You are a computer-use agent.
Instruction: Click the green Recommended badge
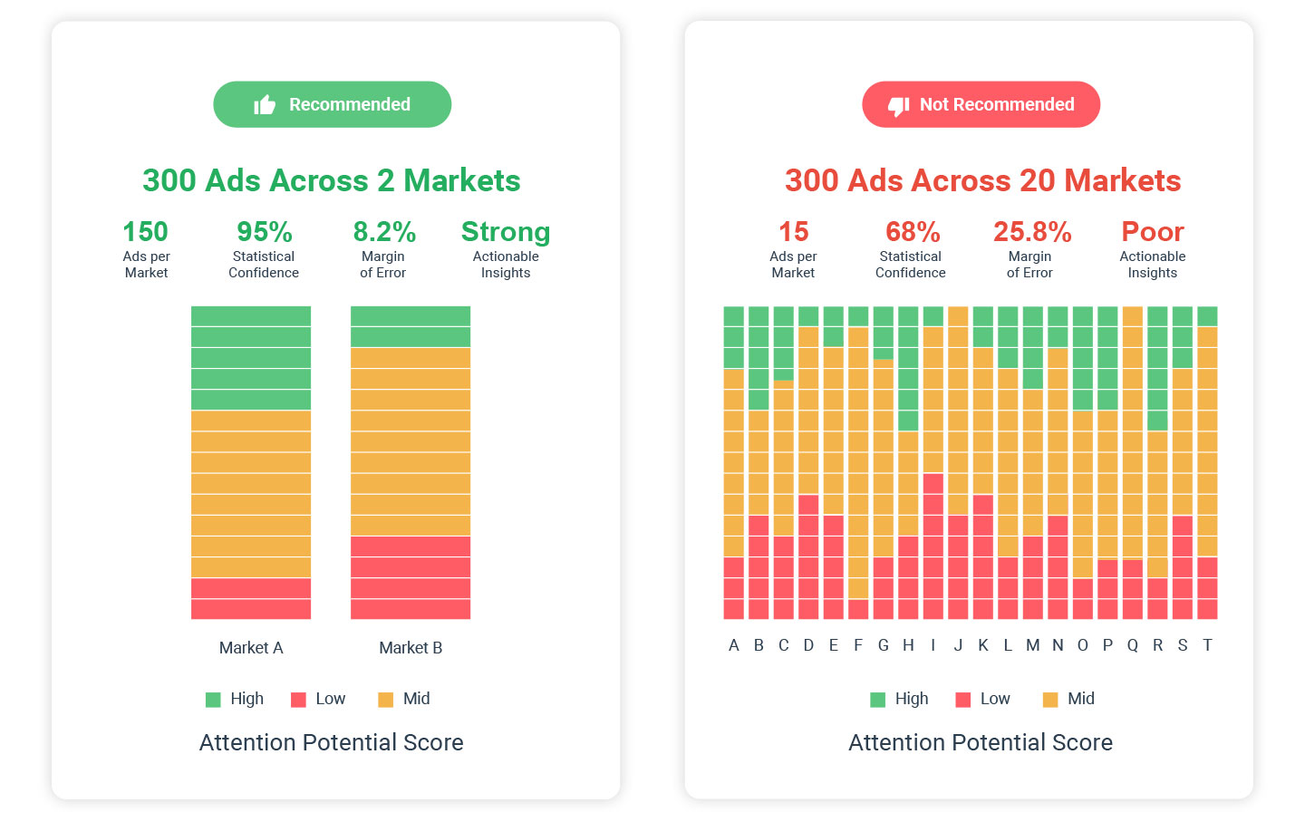click(x=332, y=104)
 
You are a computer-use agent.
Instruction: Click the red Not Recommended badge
click(x=981, y=104)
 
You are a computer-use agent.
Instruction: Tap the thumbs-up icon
click(x=265, y=105)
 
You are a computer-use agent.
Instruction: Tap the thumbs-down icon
click(x=898, y=106)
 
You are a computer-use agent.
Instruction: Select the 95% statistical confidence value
click(x=264, y=232)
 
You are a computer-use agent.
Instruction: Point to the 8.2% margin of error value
click(x=384, y=232)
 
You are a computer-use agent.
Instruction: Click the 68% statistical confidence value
click(x=912, y=232)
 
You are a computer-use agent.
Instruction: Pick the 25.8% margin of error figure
click(x=1031, y=232)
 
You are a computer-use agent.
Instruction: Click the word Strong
click(x=506, y=232)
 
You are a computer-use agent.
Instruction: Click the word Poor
click(x=1153, y=232)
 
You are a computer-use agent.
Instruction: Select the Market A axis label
click(x=251, y=648)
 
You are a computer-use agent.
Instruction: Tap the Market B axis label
click(x=411, y=648)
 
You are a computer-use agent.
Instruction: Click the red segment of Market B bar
click(x=411, y=577)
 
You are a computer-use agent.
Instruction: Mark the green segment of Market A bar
click(x=251, y=358)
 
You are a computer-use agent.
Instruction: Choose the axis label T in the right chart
click(x=1207, y=645)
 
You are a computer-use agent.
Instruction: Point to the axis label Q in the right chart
click(x=1133, y=645)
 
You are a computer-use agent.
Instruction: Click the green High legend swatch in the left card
click(x=213, y=700)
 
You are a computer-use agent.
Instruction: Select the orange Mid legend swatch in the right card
click(x=1050, y=700)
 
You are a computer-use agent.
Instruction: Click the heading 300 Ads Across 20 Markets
click(x=982, y=180)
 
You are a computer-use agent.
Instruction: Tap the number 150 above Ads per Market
click(x=145, y=232)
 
